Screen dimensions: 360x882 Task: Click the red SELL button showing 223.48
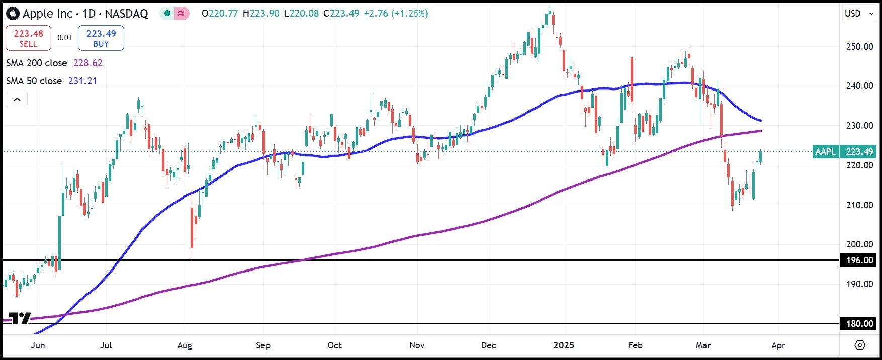coord(28,38)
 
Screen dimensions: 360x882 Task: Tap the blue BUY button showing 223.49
coord(101,38)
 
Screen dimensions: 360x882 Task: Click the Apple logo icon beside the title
coord(13,14)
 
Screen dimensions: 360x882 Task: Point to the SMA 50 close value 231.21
coord(82,81)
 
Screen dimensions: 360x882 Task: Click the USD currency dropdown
coord(859,14)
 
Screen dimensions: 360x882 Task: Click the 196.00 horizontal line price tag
coord(859,260)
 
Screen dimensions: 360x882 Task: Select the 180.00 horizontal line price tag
coord(859,324)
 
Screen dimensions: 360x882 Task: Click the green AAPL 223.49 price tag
coord(844,151)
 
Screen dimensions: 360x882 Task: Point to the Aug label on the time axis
coord(185,345)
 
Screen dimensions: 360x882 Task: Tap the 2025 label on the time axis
coord(564,345)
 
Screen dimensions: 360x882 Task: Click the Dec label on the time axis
coord(488,345)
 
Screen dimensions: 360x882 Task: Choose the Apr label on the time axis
coord(777,345)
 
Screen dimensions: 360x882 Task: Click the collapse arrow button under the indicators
coord(17,100)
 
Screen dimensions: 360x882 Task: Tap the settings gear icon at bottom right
coord(860,345)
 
